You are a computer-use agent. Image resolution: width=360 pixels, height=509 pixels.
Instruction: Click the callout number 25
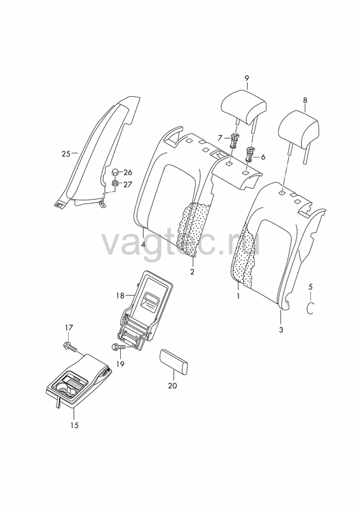pyautogui.click(x=66, y=153)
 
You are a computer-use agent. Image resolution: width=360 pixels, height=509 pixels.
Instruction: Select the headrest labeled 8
pyautogui.click(x=299, y=130)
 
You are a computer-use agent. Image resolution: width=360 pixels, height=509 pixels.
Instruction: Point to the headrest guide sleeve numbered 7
pyautogui.click(x=233, y=140)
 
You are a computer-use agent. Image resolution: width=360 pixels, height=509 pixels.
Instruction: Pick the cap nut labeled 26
pyautogui.click(x=115, y=172)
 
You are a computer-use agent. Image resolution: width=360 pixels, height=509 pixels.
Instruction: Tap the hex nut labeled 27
pyautogui.click(x=115, y=183)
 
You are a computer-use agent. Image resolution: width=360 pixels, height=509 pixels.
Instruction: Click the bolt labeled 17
pyautogui.click(x=71, y=347)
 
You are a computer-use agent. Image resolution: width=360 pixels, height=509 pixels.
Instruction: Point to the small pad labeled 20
pyautogui.click(x=174, y=361)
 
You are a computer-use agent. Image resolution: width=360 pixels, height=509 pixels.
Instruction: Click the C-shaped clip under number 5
pyautogui.click(x=310, y=307)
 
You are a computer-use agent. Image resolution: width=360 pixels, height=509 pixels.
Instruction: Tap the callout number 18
pyautogui.click(x=120, y=295)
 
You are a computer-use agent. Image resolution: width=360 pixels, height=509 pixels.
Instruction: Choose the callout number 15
pyautogui.click(x=74, y=425)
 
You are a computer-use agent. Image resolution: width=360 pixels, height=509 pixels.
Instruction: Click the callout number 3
pyautogui.click(x=281, y=330)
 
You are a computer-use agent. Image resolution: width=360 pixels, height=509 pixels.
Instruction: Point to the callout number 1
pyautogui.click(x=238, y=296)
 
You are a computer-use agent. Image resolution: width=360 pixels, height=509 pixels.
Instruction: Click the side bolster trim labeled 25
pyautogui.click(x=97, y=153)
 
